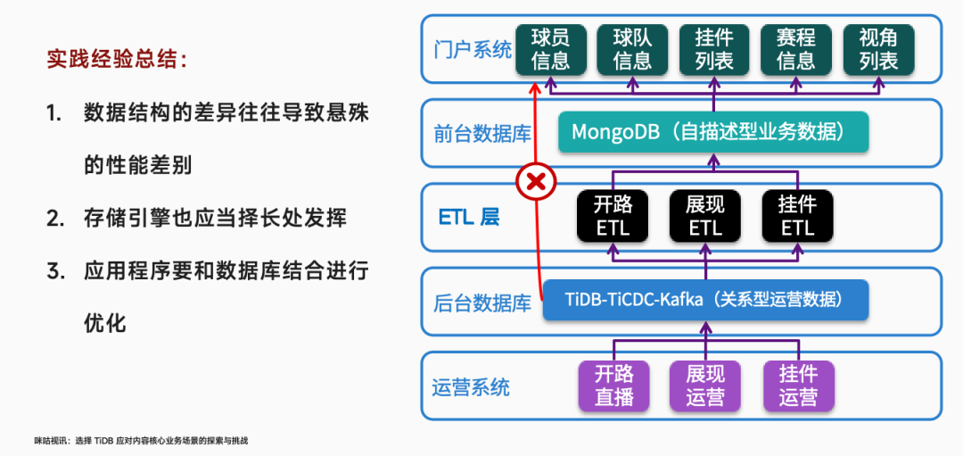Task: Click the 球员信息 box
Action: (550, 48)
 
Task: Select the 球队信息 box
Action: (632, 48)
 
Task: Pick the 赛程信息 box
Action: (795, 48)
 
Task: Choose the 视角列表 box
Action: (877, 48)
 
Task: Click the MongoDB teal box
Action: (713, 132)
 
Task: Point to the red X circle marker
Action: (536, 182)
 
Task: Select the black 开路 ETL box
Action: (613, 216)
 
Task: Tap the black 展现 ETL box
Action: (705, 216)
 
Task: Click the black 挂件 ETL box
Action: (797, 216)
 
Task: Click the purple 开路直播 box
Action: (613, 385)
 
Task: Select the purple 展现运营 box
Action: (705, 385)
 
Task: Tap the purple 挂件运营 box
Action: (797, 385)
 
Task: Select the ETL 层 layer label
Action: (469, 217)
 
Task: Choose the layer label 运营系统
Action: (471, 386)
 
